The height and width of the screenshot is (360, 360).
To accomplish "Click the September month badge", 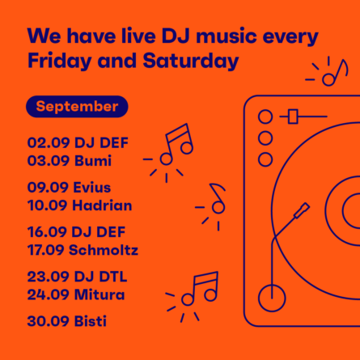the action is tap(77, 107).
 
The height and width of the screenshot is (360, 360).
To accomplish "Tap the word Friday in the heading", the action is tap(59, 61).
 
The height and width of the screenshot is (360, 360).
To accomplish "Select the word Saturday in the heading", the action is tap(191, 61).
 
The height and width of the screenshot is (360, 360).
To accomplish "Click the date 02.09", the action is tap(49, 142).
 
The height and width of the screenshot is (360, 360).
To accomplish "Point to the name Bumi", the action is tap(93, 160).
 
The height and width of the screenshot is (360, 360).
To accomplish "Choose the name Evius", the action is tap(92, 188).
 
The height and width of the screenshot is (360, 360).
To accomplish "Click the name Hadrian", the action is tap(102, 205).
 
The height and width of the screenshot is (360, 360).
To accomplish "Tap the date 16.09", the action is tap(47, 232).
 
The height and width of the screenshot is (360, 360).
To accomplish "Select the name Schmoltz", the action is tap(104, 250).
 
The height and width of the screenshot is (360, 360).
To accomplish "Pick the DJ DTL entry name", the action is tap(100, 277).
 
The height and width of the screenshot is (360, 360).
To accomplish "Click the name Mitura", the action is tap(100, 294).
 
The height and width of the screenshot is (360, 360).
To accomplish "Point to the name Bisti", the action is tap(90, 321).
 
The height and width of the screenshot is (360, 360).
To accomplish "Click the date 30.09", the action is tap(48, 321).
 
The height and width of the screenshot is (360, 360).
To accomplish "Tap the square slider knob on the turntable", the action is tap(293, 116).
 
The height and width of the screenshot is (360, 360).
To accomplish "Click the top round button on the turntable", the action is tap(265, 116).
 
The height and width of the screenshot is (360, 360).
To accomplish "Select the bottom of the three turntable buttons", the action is tap(265, 159).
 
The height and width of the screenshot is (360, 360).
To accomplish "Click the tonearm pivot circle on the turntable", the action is tap(272, 298).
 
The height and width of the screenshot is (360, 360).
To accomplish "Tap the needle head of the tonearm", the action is tap(302, 210).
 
